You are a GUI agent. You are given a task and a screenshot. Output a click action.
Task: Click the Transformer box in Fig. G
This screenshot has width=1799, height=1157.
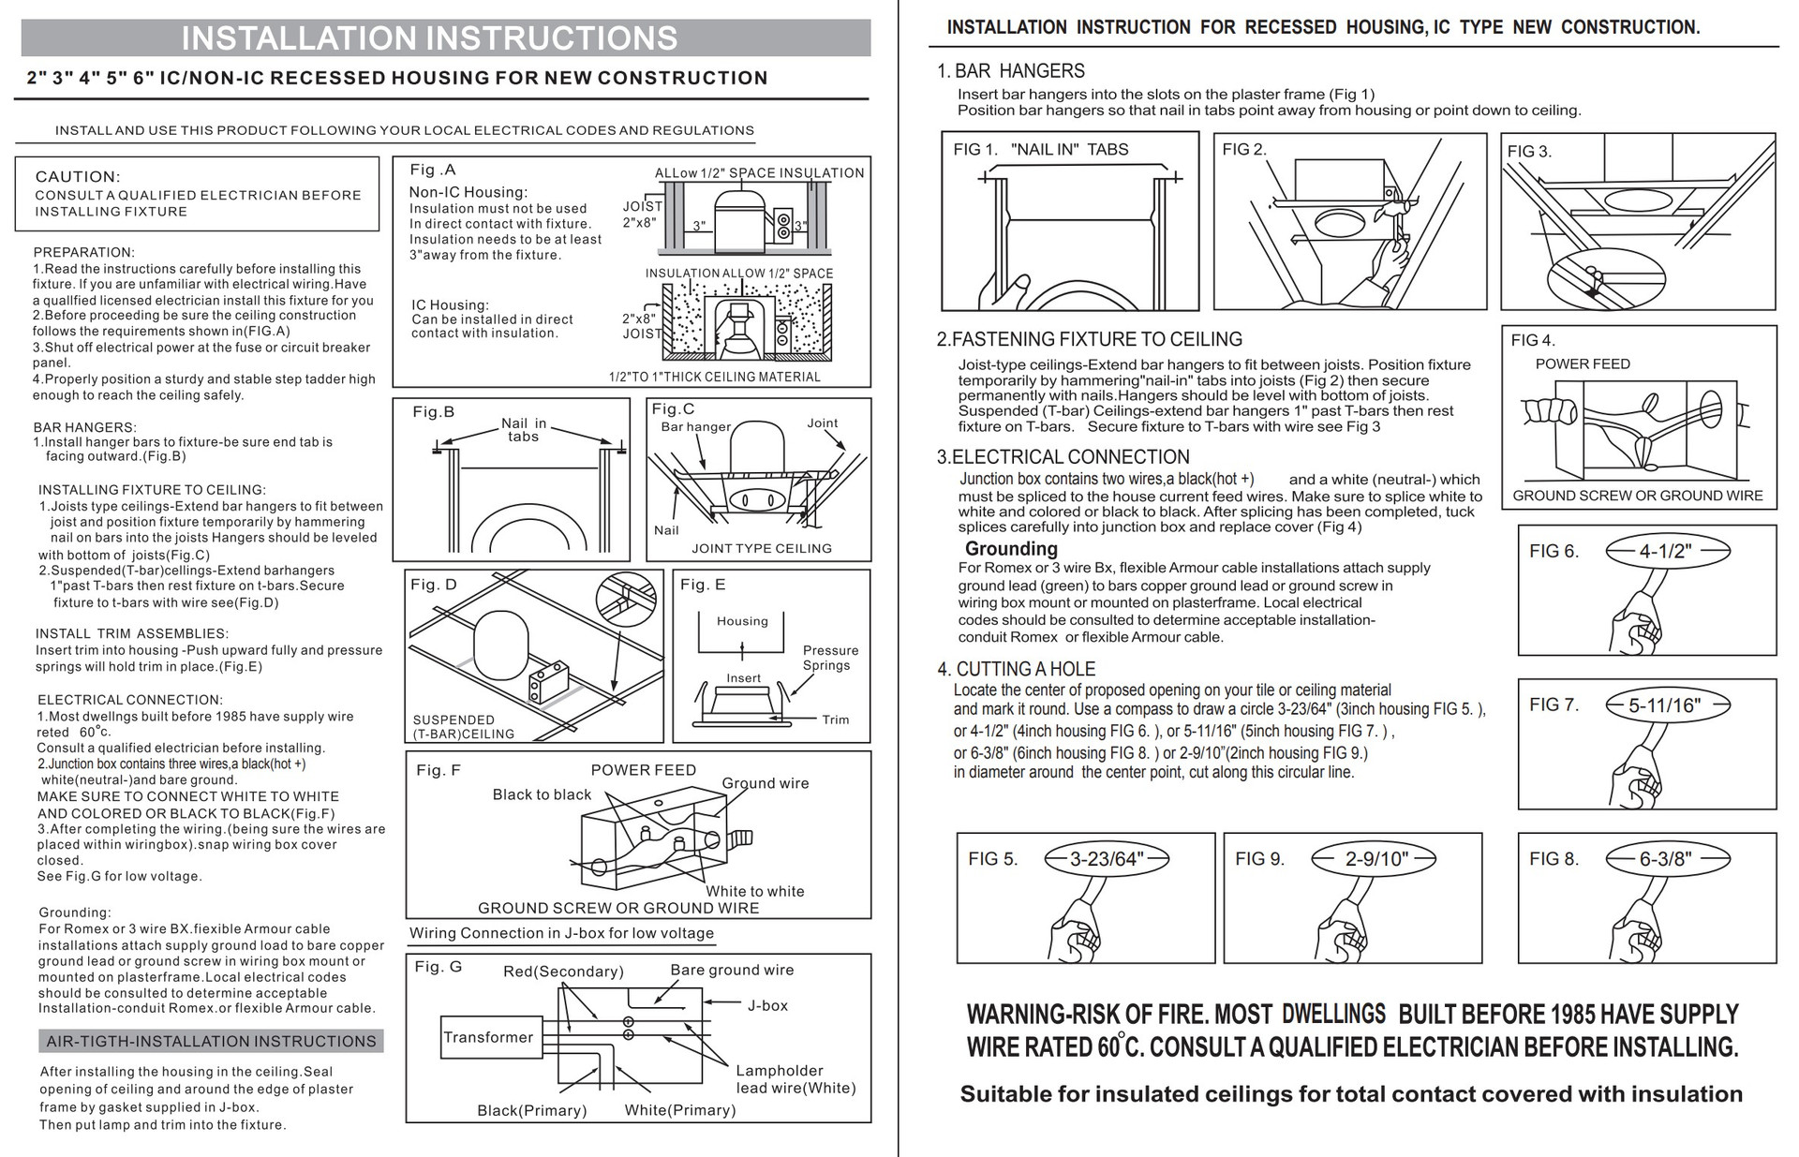point(488,1037)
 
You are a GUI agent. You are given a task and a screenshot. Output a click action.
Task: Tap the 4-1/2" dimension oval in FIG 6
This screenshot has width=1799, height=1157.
point(1664,551)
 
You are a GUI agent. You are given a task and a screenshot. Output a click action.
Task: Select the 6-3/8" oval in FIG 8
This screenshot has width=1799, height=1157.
point(1664,859)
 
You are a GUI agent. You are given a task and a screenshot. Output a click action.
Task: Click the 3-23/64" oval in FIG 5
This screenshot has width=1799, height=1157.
point(1107,859)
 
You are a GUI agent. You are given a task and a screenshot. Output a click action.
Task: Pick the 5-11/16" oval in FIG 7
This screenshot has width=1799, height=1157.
point(1664,705)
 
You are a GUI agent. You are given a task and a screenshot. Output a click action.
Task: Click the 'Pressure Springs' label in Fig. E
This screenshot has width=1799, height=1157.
point(829,658)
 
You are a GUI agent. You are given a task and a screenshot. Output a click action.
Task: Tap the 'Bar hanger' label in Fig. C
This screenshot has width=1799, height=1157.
point(695,427)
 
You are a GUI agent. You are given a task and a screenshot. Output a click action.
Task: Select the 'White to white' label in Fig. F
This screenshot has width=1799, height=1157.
point(755,891)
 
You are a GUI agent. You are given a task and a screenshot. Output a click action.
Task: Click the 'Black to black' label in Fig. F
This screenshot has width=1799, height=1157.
point(542,794)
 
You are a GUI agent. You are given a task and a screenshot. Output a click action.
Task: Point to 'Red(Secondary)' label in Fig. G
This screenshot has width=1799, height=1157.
point(563,972)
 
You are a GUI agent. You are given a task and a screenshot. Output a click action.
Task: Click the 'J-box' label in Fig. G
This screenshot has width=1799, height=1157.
point(767,1005)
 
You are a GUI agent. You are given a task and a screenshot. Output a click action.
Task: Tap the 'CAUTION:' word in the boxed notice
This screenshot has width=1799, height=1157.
point(78,177)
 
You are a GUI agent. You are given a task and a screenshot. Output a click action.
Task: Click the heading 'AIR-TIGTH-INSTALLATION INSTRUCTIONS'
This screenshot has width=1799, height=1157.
point(212,1041)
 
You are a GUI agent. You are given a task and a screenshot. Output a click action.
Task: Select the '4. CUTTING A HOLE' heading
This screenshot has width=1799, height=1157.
point(1016,669)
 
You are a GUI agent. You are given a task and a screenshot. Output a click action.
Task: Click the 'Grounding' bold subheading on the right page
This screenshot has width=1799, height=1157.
point(1011,549)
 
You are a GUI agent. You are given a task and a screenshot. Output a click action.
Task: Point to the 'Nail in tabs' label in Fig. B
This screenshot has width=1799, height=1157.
point(523,430)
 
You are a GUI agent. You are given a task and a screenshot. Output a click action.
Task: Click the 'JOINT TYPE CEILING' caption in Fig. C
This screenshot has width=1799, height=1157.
point(761,548)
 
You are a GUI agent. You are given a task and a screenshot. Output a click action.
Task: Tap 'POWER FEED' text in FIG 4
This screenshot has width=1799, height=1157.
point(1583,363)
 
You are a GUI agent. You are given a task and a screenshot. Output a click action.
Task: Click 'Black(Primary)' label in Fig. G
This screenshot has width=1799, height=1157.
point(531,1110)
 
